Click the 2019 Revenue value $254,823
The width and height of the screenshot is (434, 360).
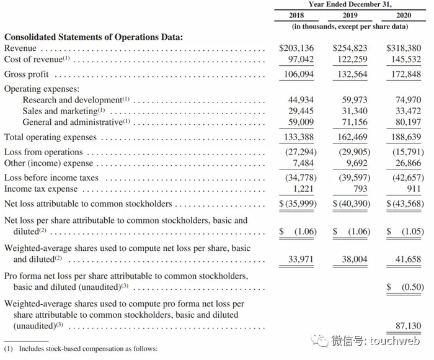pos(350,48)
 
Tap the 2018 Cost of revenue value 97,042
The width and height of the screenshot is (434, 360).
pos(301,59)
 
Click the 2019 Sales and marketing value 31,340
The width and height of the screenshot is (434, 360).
pos(355,111)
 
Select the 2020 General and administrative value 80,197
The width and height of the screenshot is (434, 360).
pos(407,122)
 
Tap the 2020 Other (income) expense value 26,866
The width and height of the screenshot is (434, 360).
pos(407,163)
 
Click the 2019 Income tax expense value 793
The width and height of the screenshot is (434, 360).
pos(359,189)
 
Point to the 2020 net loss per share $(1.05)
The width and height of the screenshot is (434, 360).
pos(405,232)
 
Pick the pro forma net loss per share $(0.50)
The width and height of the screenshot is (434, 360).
pos(405,287)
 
